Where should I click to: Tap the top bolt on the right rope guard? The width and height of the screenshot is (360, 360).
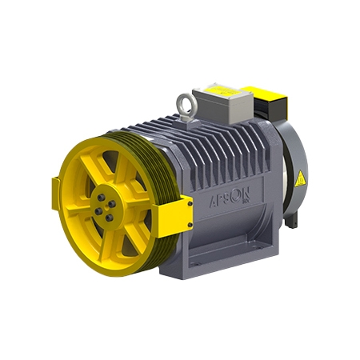tap(190, 202)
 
